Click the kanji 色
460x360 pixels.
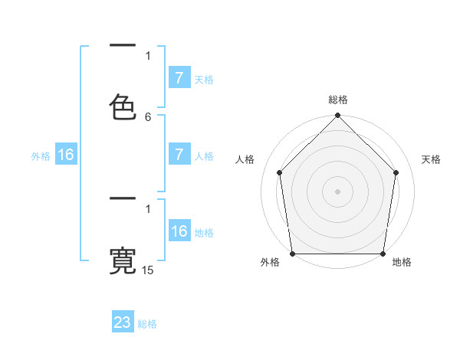coord(123,107)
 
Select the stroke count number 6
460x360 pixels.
coord(148,117)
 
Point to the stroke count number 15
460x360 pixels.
coord(148,270)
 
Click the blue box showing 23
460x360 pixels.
coord(123,322)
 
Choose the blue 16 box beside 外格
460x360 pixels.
coord(66,155)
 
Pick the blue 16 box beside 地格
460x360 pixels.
coord(179,232)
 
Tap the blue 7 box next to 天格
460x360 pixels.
coord(179,78)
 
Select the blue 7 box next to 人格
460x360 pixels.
coord(179,155)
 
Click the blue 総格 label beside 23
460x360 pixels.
coord(148,324)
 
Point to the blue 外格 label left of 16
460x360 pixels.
coord(41,156)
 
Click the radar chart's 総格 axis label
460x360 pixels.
coord(338,100)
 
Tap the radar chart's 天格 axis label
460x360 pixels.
coord(432,159)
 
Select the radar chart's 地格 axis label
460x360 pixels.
coord(402,263)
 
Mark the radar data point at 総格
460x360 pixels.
coord(337,116)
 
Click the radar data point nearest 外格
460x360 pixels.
coord(292,254)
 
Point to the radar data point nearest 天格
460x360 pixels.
coord(396,172)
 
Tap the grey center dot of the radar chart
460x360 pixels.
coord(337,191)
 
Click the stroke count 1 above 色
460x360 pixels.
coord(148,55)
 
